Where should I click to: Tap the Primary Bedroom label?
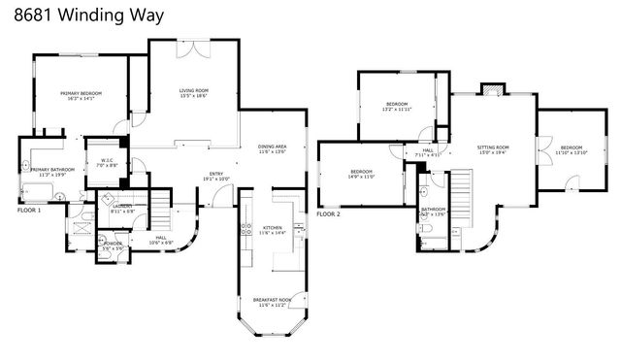point(81,93)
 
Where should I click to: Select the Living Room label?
point(193,91)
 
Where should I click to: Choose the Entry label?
point(216,174)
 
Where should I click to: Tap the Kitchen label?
point(273,228)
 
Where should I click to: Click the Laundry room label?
point(122,206)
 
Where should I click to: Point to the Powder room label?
point(113,244)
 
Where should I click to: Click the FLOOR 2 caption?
point(328,213)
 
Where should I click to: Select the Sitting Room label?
point(493,147)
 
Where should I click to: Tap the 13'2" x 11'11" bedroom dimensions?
point(398,110)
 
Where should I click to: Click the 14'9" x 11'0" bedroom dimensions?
point(362,177)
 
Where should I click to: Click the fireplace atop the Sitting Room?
point(494,89)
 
